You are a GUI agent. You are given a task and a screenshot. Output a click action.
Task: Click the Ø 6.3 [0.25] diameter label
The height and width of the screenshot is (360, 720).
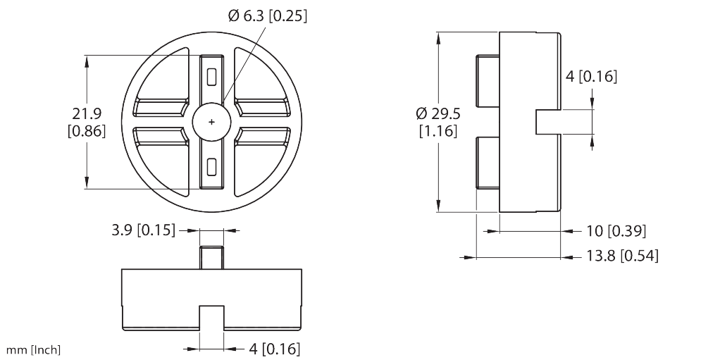pos(268,15)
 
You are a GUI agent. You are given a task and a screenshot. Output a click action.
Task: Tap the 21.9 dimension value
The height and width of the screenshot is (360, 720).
pos(87,113)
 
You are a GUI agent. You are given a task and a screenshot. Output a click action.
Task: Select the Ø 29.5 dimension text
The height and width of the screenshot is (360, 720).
pos(437,113)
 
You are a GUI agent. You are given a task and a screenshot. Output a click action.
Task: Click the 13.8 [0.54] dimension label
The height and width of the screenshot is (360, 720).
pos(622,256)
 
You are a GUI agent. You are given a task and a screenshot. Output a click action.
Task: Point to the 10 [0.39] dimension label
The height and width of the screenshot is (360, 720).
pos(616,231)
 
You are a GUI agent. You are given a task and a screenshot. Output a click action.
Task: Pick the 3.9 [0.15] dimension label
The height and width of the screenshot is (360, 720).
pos(143,230)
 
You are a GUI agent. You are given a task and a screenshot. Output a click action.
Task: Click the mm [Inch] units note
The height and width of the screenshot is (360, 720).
pos(33,350)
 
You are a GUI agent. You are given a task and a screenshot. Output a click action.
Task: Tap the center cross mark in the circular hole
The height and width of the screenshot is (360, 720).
pos(211,122)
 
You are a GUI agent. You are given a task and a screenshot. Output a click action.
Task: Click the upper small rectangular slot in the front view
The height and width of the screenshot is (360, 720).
pos(211,77)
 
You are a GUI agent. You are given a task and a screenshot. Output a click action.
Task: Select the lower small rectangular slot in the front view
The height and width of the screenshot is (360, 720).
pos(211,167)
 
